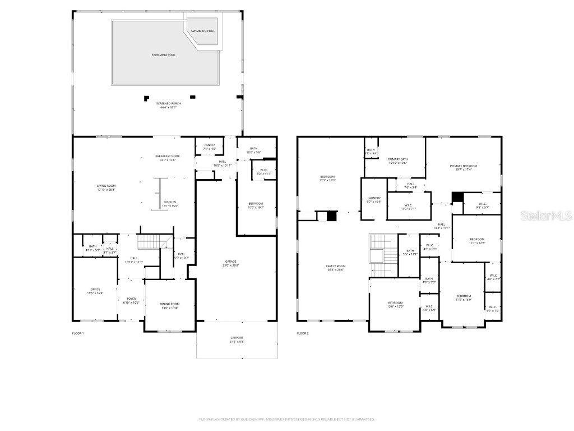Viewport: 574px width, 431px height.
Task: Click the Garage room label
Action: (x=231, y=263)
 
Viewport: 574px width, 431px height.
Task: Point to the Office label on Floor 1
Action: (x=95, y=291)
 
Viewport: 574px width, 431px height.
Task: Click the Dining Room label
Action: (x=170, y=305)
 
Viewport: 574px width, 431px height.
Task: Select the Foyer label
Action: (x=131, y=300)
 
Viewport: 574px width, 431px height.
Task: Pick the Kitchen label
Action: (x=170, y=204)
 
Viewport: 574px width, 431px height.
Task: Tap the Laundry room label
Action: (x=374, y=199)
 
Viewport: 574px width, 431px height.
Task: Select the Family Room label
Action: (x=336, y=268)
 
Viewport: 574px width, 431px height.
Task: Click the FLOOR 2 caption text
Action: (x=303, y=333)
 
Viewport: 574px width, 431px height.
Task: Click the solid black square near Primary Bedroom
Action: (x=457, y=197)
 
